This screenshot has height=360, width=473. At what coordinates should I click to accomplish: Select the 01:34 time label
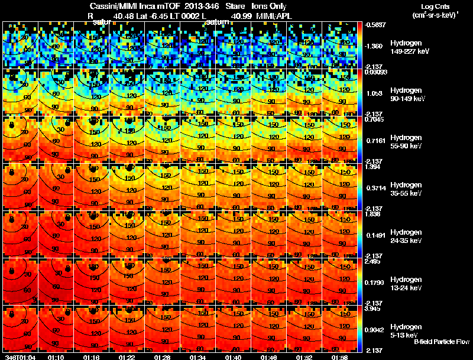coord(198,358)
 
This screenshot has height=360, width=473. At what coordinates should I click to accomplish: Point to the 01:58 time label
coord(339,358)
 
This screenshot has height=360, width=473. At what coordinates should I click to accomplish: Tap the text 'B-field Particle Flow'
coord(442,342)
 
